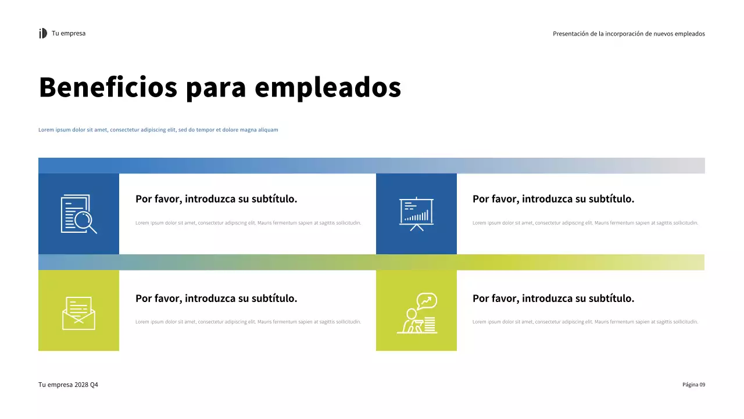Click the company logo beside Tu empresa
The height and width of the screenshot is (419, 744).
pos(43,34)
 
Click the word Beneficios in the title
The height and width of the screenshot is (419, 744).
pos(108,87)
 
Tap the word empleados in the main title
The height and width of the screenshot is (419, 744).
pos(328,87)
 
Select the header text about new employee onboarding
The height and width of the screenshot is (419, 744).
pos(628,34)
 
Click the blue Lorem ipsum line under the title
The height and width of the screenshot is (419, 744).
pos(158,130)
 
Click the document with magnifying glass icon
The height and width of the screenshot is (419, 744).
pos(78,214)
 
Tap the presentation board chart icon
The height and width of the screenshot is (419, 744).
pos(416,214)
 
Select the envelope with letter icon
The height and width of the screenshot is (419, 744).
pos(78,313)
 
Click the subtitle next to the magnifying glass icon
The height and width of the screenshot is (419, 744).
pos(216,199)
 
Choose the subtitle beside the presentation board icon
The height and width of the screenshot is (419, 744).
pos(553,199)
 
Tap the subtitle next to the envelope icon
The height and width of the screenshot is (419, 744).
pos(216,299)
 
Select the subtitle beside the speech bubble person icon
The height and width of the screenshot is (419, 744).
pos(553,299)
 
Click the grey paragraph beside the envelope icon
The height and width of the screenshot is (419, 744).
pos(248,322)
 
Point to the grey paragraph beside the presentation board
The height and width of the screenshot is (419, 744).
pos(585,223)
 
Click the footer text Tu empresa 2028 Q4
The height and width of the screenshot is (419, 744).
pos(68,385)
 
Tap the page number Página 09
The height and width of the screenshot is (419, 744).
pos(693,385)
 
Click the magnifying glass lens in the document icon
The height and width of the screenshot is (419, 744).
pos(84,220)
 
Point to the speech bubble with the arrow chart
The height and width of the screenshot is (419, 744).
pos(427,300)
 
